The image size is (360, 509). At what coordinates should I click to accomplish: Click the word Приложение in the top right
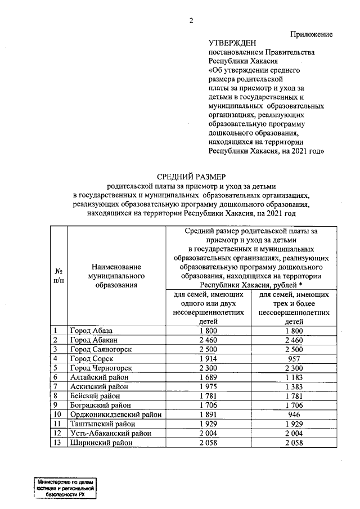311,34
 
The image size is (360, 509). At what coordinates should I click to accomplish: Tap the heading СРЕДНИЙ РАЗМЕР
191,177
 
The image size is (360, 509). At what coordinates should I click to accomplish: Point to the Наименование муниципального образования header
117,275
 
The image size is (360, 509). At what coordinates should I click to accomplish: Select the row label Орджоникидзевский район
116,415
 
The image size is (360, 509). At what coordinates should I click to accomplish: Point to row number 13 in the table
56,443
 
